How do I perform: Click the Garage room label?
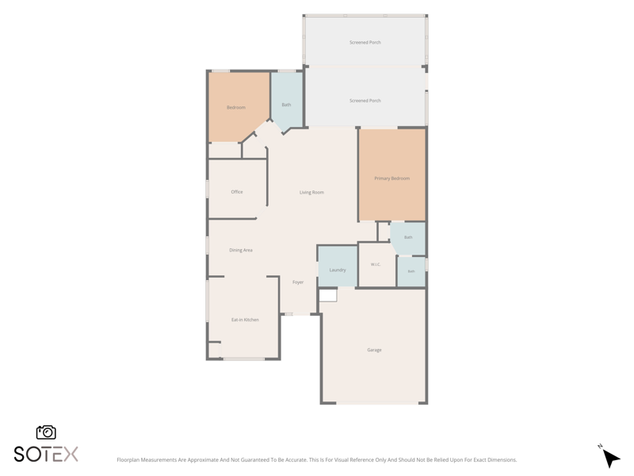pos(374,350)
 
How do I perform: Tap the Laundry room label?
pos(338,270)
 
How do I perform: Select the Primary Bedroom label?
pos(391,178)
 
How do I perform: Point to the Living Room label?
pos(311,192)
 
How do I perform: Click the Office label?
pos(237,192)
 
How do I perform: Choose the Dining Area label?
pos(241,250)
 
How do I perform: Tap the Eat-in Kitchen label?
pos(245,320)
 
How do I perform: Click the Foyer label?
pos(298,282)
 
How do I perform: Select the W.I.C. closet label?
pos(376,264)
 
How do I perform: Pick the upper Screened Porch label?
pos(365,42)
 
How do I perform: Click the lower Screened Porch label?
pos(365,101)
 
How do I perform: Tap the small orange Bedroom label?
pos(236,107)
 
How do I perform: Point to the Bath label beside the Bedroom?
pos(286,105)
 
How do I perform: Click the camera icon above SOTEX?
pos(46,432)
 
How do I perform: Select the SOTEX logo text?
pos(46,454)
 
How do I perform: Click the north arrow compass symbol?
pos(610,458)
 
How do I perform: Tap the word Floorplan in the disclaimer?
pos(128,460)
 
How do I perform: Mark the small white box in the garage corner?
pos(328,295)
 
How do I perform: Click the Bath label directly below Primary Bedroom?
pos(408,237)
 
